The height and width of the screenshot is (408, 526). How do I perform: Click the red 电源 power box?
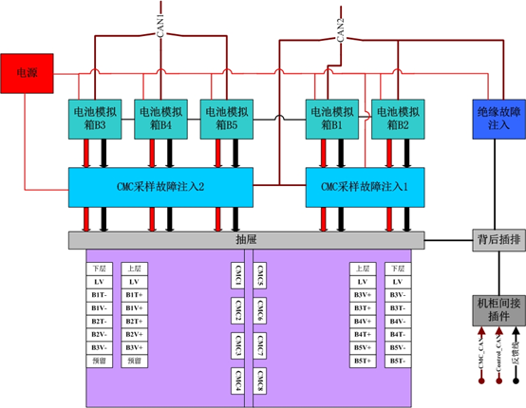pos(28,72)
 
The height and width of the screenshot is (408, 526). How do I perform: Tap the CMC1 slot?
pos(236,274)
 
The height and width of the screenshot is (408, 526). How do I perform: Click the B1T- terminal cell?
pos(98,295)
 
